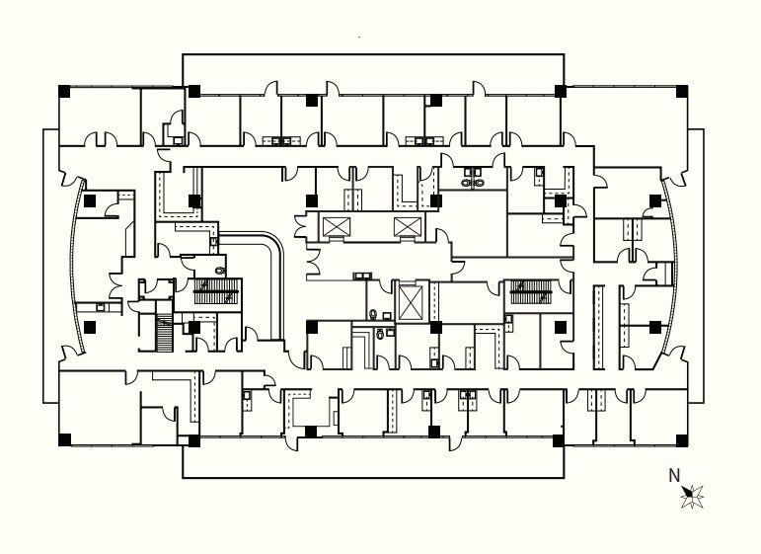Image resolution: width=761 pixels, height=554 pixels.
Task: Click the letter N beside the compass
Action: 675,475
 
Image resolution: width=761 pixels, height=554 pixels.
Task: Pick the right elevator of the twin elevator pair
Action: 407,228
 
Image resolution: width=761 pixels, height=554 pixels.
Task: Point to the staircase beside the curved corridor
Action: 217,292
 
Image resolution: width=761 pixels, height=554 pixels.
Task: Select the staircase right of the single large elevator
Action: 529,292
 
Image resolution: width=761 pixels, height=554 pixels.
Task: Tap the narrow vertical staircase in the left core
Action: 165,336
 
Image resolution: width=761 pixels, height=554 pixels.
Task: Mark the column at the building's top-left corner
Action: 64,92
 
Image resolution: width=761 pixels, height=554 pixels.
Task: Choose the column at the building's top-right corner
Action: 681,92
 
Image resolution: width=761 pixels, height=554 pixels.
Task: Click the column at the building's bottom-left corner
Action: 64,439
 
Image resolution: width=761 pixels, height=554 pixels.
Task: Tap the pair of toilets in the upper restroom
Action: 473,182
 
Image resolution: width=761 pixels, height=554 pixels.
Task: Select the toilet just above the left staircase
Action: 220,269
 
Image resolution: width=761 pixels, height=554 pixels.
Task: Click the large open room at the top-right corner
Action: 624,119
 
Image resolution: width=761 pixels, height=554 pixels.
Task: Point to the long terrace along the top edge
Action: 373,69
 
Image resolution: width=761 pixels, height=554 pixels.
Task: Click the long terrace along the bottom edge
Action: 373,460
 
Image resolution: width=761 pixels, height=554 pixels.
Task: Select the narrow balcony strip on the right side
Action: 696,265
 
